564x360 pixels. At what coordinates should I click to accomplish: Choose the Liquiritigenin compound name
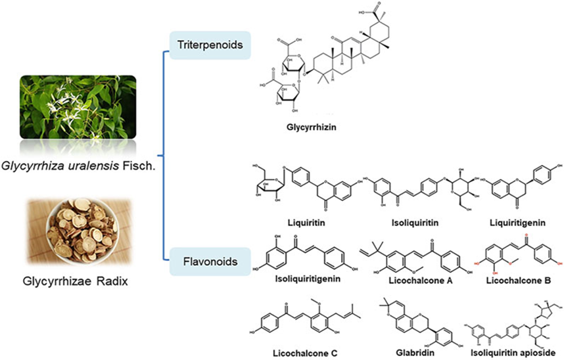click(517, 222)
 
